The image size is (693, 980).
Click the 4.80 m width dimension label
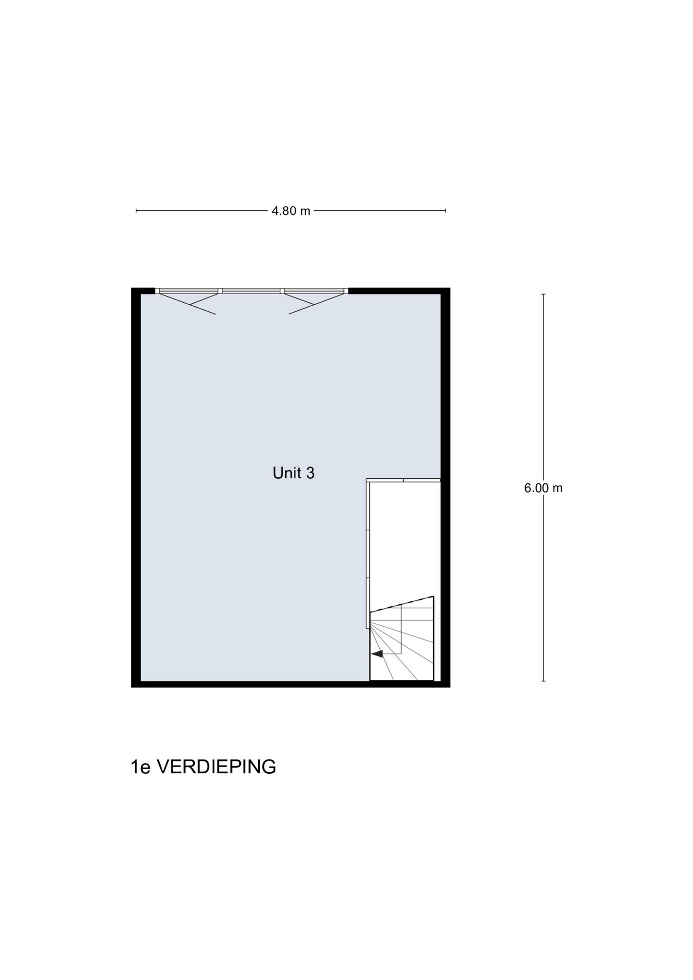pyautogui.click(x=291, y=211)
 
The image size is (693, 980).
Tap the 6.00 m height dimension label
pyautogui.click(x=543, y=488)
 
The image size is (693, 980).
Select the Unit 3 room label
pyautogui.click(x=293, y=473)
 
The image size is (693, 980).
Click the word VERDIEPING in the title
pyautogui.click(x=215, y=767)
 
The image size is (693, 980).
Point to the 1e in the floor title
pyautogui.click(x=141, y=767)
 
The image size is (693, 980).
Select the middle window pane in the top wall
pyautogui.click(x=252, y=291)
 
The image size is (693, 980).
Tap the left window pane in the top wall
pyautogui.click(x=189, y=291)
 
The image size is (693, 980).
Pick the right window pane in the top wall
pyautogui.click(x=314, y=291)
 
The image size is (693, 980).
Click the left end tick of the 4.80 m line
pyautogui.click(x=136, y=210)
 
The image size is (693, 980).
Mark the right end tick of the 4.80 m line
pyautogui.click(x=445, y=210)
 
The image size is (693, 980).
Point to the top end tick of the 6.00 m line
pyautogui.click(x=543, y=295)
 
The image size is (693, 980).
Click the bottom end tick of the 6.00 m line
pyautogui.click(x=543, y=681)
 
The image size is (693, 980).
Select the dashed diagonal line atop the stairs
pyautogui.click(x=402, y=604)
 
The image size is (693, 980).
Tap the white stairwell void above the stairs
pyautogui.click(x=404, y=541)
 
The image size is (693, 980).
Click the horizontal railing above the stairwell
pyautogui.click(x=403, y=480)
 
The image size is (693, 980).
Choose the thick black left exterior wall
pyautogui.click(x=136, y=487)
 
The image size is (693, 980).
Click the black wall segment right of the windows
pyautogui.click(x=399, y=291)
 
